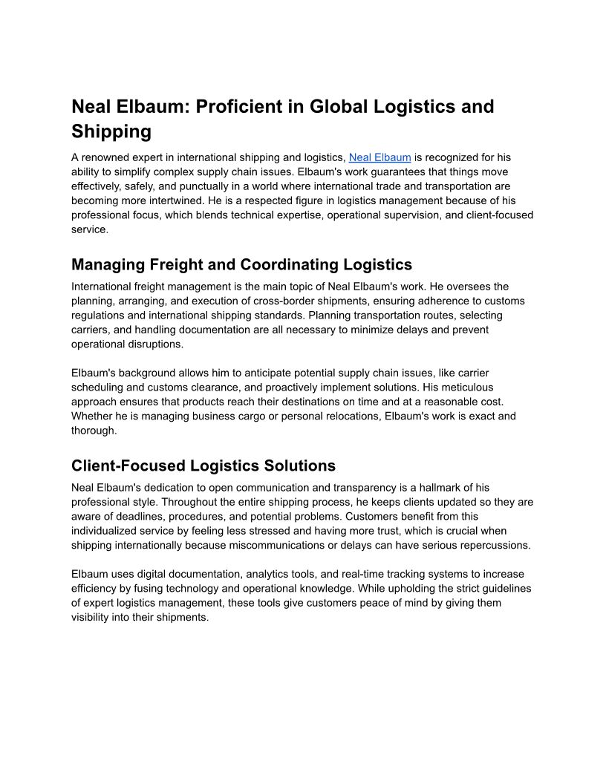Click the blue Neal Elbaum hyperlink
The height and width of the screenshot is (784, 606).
(x=379, y=157)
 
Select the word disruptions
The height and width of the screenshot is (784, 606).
(x=154, y=344)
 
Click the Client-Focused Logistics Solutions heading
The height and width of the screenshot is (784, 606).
(x=203, y=465)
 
